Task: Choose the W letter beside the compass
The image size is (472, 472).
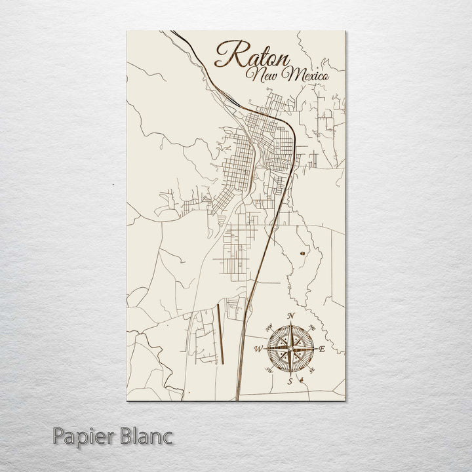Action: [x=258, y=349]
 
